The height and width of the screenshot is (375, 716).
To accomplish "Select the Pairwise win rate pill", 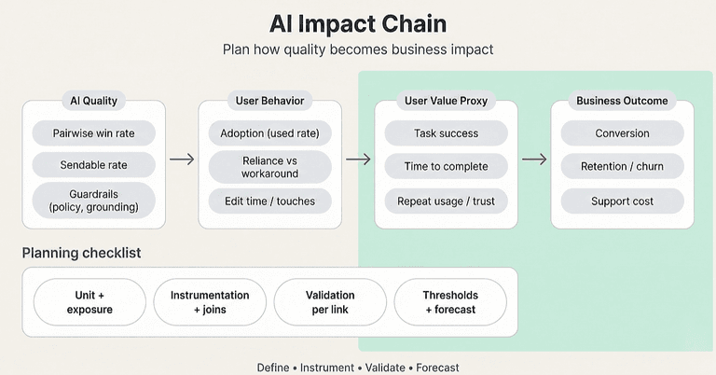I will (x=93, y=133).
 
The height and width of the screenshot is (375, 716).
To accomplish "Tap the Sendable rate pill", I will (x=93, y=165).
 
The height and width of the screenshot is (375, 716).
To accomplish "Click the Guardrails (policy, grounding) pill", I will (x=93, y=200).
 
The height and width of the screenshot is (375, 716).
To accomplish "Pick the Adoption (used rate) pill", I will (x=269, y=133).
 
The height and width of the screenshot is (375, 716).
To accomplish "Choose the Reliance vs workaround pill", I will (x=269, y=167).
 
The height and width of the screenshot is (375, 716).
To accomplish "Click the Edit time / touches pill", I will (x=269, y=201).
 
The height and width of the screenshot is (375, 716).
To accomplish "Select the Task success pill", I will (x=446, y=133).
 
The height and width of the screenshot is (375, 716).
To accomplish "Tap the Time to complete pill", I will (x=446, y=167).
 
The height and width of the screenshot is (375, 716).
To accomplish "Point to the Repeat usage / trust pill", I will (x=446, y=201).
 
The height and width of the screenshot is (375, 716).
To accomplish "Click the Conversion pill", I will (x=622, y=133).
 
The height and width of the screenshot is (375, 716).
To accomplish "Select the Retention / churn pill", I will (x=622, y=167).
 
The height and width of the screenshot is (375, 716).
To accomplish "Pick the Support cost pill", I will (x=622, y=201).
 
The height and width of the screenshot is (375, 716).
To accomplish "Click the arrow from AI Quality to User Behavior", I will (x=182, y=160).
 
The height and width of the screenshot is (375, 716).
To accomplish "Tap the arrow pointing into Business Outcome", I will (x=534, y=160).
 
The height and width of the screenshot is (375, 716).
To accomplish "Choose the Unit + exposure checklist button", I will (x=89, y=302).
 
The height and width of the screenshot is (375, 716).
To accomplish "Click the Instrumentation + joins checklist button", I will (x=210, y=302).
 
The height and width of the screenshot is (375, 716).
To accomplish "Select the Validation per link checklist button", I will (x=330, y=302).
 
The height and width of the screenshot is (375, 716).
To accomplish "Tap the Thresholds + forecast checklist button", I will (x=450, y=302).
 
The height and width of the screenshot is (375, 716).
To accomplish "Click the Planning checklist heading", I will (x=82, y=253).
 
